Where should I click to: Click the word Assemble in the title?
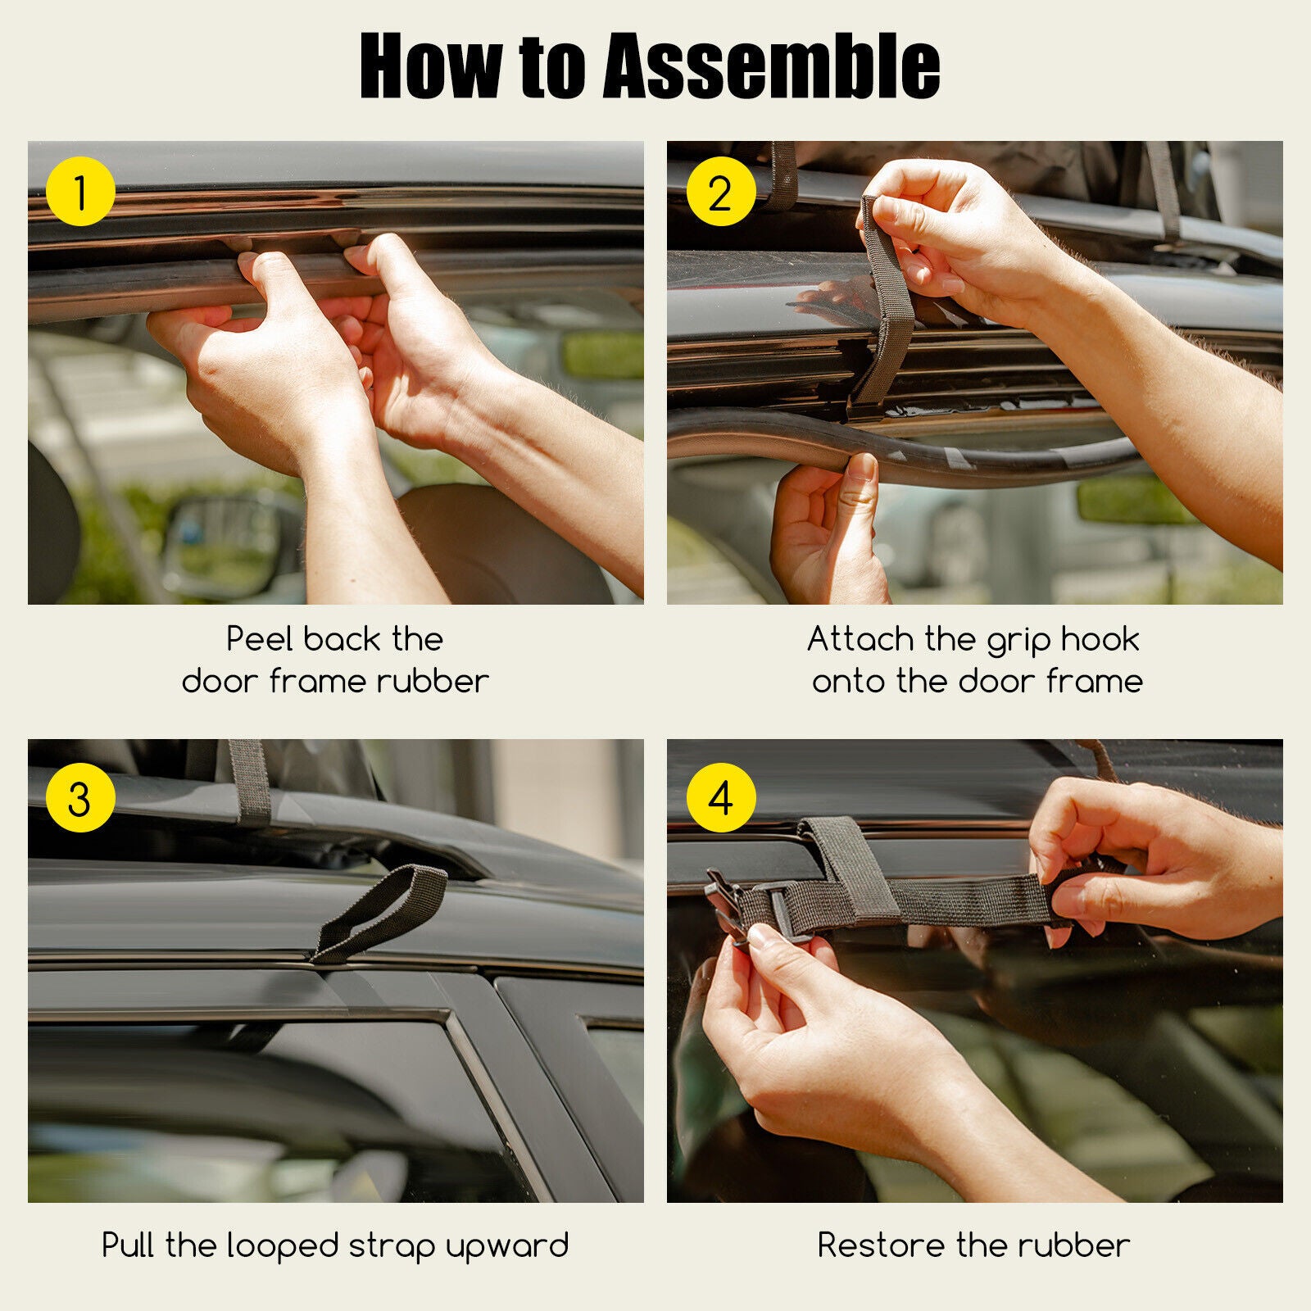(771, 66)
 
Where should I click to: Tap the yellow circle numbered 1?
(79, 193)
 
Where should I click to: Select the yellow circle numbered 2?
(719, 193)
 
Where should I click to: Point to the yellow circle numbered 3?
(79, 797)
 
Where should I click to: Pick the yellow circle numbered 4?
(719, 797)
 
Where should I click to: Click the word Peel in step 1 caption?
(259, 639)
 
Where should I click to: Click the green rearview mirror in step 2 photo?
(1135, 501)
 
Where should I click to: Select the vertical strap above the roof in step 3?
(250, 783)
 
